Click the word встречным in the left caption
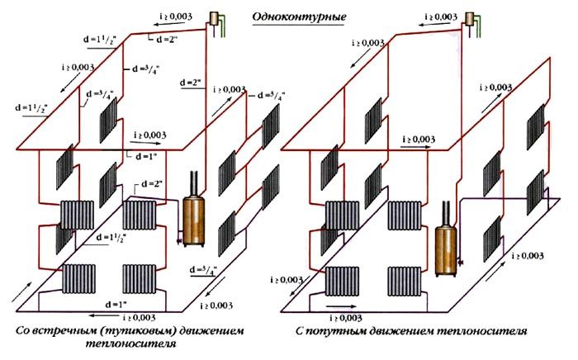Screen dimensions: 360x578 [x=64, y=332]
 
